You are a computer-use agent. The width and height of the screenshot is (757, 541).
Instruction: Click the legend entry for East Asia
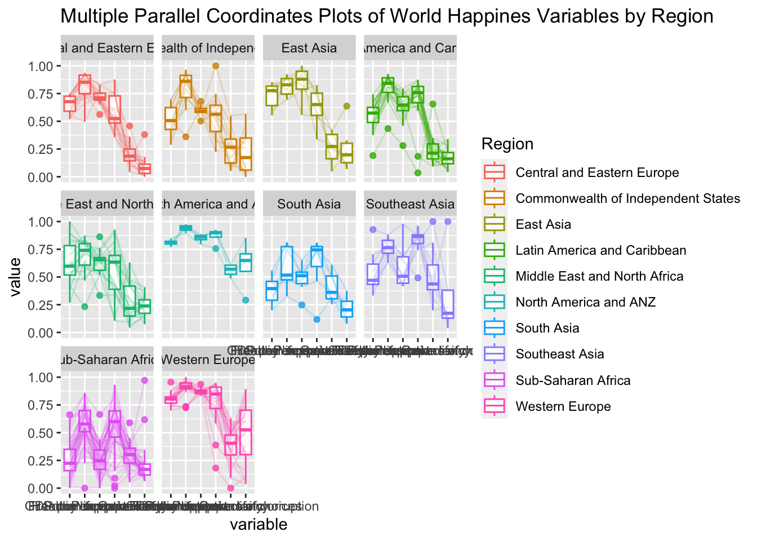point(543,224)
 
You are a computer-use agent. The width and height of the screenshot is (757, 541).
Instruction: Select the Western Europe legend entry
point(563,406)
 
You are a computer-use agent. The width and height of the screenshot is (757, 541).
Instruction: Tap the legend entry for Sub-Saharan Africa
point(573,380)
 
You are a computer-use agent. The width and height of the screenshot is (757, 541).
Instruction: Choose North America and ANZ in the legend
point(585,302)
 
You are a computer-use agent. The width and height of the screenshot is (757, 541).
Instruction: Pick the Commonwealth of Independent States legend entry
point(627,198)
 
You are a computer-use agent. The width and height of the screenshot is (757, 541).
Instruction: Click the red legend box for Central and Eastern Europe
point(495,172)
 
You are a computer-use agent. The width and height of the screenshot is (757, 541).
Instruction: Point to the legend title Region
point(507,144)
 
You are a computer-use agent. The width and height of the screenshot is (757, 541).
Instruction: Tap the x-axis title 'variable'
point(259,525)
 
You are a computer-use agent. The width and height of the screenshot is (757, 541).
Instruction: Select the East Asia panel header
point(309,48)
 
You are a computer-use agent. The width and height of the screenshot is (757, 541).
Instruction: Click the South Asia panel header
point(309,204)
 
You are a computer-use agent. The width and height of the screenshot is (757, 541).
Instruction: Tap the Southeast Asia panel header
point(410,204)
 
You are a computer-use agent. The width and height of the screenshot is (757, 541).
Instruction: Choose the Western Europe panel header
point(208,360)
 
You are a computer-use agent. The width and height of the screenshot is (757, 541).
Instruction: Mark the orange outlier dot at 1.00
point(215,66)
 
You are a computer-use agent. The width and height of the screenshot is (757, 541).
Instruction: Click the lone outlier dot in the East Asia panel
point(347,106)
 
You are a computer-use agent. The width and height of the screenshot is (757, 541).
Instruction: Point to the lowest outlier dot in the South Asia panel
point(317,320)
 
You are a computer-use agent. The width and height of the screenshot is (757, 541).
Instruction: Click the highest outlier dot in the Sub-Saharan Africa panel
point(145,380)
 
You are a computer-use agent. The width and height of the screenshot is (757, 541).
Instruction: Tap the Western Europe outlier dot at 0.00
point(230,488)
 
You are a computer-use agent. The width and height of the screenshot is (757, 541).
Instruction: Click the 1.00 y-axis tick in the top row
point(41,66)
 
